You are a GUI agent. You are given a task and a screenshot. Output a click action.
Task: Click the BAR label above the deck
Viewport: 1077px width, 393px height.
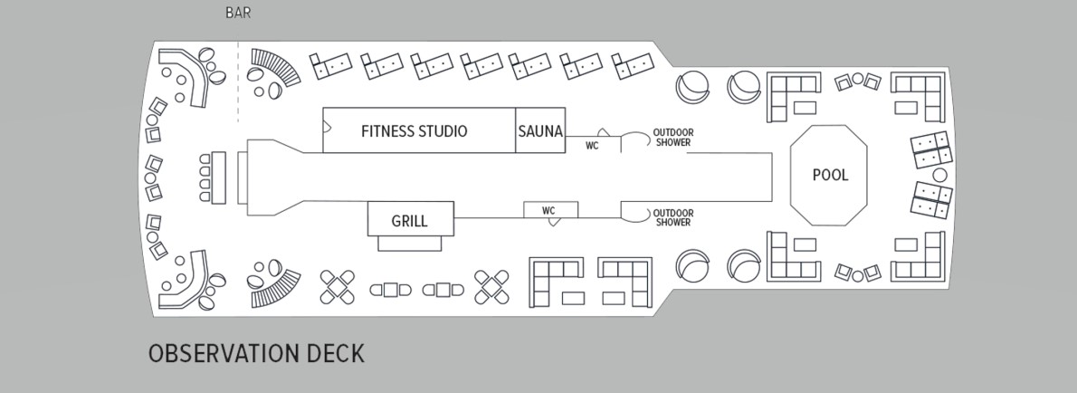click(x=238, y=14)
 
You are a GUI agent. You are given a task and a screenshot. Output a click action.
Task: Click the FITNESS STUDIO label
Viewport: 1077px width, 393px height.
click(x=414, y=131)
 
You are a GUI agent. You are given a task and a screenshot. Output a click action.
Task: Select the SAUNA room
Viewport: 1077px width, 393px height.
click(x=540, y=131)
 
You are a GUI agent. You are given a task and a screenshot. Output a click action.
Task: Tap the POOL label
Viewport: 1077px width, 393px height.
click(x=830, y=175)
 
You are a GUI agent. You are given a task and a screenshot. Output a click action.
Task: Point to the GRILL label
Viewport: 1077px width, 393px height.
click(x=409, y=221)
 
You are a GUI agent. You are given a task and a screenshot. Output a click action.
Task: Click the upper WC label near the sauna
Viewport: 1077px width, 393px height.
click(x=592, y=144)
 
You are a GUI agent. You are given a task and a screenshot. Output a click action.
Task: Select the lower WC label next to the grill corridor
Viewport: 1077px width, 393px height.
click(x=548, y=211)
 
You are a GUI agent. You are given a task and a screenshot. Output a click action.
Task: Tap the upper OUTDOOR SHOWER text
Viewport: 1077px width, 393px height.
click(x=672, y=138)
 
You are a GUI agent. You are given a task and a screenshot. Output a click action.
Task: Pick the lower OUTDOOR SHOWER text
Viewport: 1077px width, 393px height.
click(x=672, y=217)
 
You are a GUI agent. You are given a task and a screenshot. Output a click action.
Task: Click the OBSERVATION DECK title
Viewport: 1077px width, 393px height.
click(x=256, y=353)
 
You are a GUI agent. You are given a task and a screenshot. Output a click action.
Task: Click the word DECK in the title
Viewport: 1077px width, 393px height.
click(x=333, y=353)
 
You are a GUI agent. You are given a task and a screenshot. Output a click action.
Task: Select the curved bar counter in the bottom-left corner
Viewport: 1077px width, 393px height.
click(x=186, y=280)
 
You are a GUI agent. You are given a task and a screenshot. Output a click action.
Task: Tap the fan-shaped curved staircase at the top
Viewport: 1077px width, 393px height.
click(x=274, y=69)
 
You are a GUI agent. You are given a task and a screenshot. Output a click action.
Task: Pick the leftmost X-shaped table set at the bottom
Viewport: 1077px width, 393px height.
click(x=338, y=287)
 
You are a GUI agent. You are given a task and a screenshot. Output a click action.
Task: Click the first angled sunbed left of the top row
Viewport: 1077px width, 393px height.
click(x=329, y=64)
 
